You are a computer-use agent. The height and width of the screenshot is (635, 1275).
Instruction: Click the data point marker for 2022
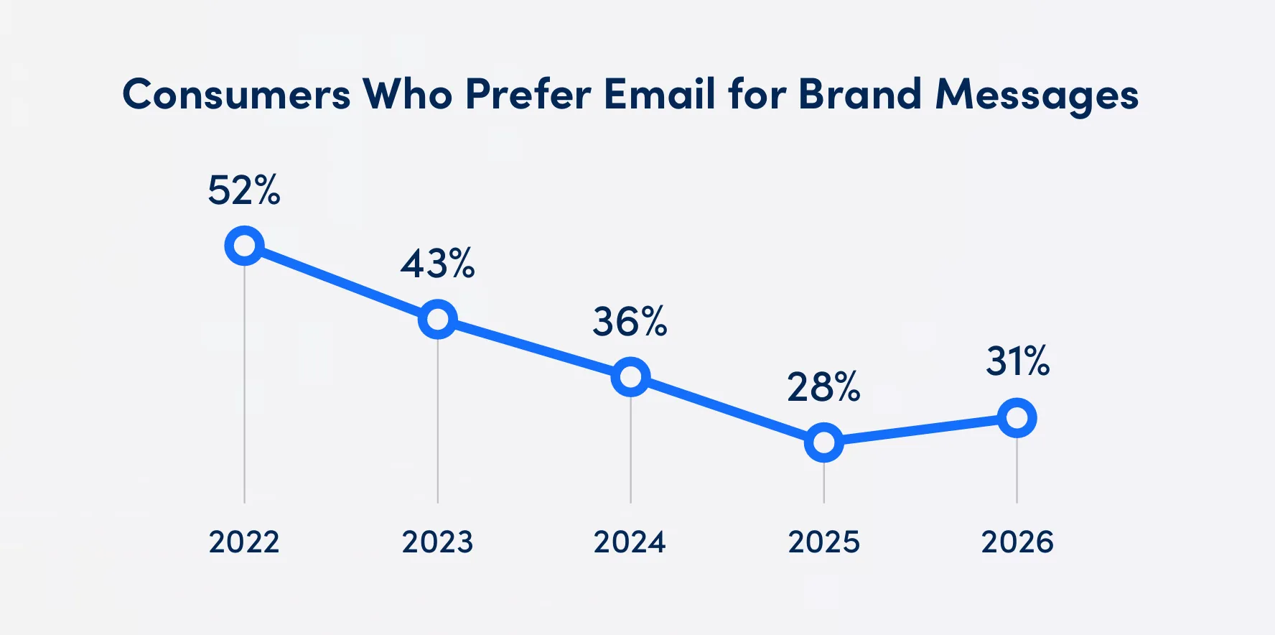tap(244, 246)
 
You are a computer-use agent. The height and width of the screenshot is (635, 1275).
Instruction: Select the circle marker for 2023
tap(437, 320)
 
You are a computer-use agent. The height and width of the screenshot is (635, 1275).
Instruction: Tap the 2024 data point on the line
tap(630, 377)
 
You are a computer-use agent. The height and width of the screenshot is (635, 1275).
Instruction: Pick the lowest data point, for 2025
tap(823, 442)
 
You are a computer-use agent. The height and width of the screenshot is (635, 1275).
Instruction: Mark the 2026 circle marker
tap(1017, 418)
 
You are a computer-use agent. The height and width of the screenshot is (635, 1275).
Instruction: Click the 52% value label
tap(244, 191)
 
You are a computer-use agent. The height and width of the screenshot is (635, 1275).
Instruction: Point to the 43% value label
tap(437, 264)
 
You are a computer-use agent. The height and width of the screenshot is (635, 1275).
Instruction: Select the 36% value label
tap(630, 322)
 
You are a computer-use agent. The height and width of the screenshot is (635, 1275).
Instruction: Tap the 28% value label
tap(823, 388)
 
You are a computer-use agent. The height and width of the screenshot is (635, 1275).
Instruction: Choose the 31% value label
tap(1017, 361)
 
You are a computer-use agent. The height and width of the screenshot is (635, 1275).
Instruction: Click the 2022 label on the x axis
tap(244, 542)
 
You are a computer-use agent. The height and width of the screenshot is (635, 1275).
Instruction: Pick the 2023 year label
tap(437, 542)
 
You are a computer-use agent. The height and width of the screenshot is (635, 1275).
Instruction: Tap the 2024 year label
tap(630, 542)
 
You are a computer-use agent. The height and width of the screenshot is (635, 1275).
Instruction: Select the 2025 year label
tap(823, 542)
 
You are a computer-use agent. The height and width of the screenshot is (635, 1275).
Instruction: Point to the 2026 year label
tap(1017, 542)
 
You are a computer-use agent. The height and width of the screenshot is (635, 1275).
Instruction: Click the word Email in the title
tap(660, 94)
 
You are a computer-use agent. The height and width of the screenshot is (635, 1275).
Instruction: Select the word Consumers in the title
tap(236, 94)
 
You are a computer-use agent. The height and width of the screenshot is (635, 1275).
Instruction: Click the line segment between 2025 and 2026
tap(920, 430)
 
